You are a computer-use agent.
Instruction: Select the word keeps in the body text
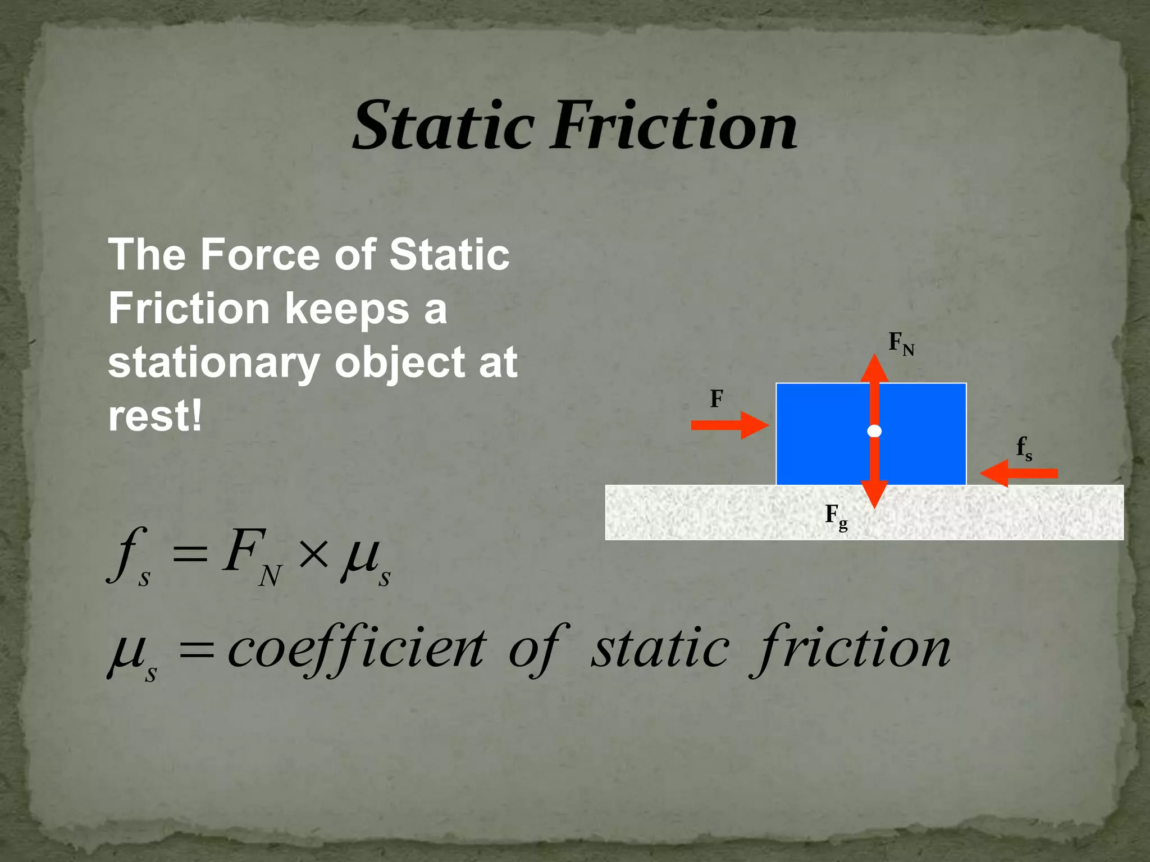click(347, 309)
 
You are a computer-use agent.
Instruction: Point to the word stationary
click(214, 363)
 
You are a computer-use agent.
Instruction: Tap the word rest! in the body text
click(155, 416)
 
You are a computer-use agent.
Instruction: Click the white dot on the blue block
click(874, 431)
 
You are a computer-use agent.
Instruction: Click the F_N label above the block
click(901, 343)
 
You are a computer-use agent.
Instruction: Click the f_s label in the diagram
click(1024, 449)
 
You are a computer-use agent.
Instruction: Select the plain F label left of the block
click(716, 399)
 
